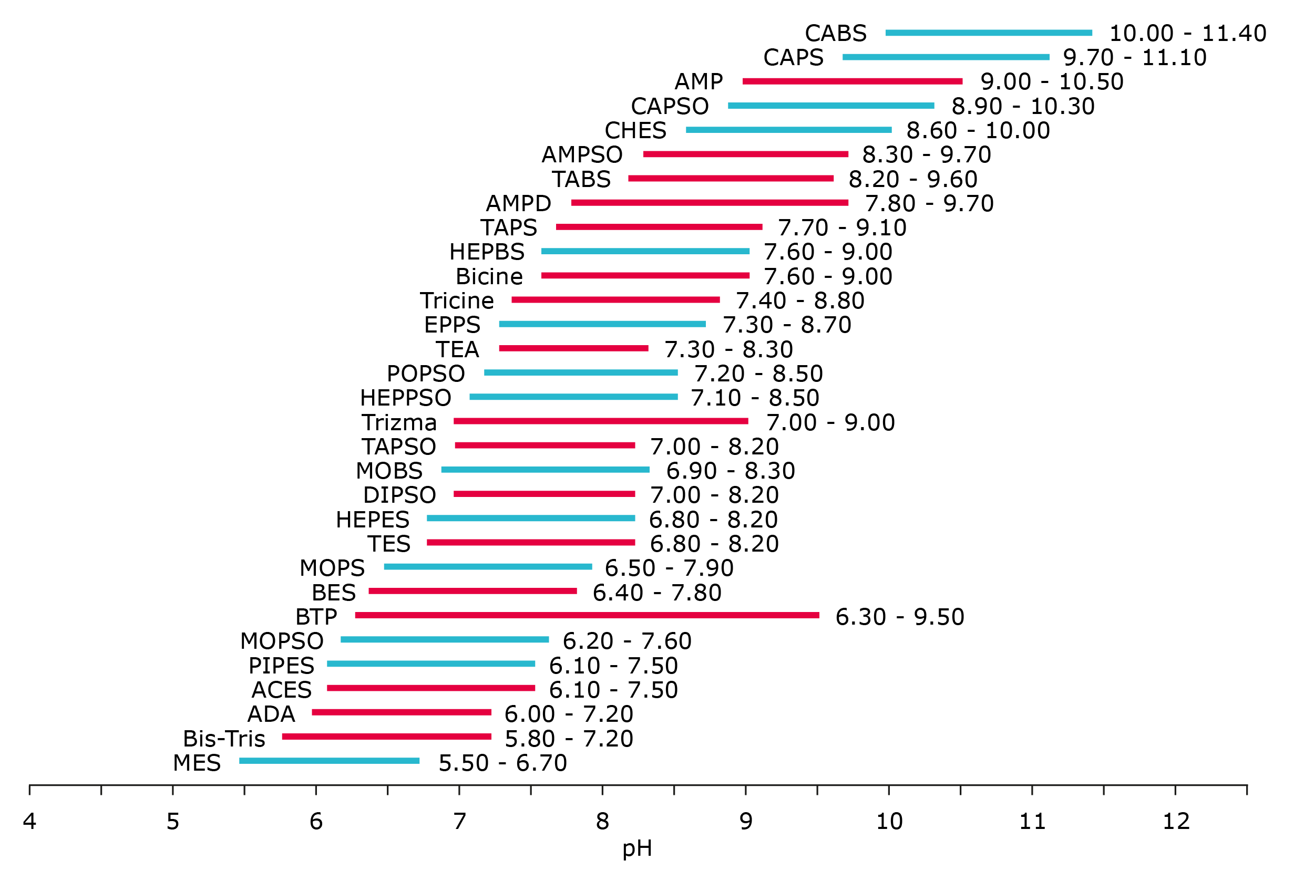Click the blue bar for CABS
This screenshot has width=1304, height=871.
(989, 33)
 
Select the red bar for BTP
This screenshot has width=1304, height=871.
(587, 615)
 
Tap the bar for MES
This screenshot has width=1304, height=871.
(330, 761)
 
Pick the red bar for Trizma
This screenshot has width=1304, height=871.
(601, 421)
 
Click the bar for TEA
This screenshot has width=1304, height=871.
(573, 348)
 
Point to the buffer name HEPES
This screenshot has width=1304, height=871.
(372, 520)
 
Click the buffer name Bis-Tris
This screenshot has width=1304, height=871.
(224, 738)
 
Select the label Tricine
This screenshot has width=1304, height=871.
(457, 300)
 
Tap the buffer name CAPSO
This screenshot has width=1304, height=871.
(670, 106)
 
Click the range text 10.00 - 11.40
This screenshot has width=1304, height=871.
(1187, 33)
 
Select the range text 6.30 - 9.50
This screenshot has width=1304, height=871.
(899, 617)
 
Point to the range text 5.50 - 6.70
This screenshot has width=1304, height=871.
(503, 763)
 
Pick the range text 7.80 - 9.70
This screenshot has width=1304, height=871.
(929, 203)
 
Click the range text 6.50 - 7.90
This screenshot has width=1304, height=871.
(669, 568)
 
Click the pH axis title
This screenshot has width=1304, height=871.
(636, 848)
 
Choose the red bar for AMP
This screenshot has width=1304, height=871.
(853, 81)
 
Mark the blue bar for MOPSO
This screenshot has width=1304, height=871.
(445, 639)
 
